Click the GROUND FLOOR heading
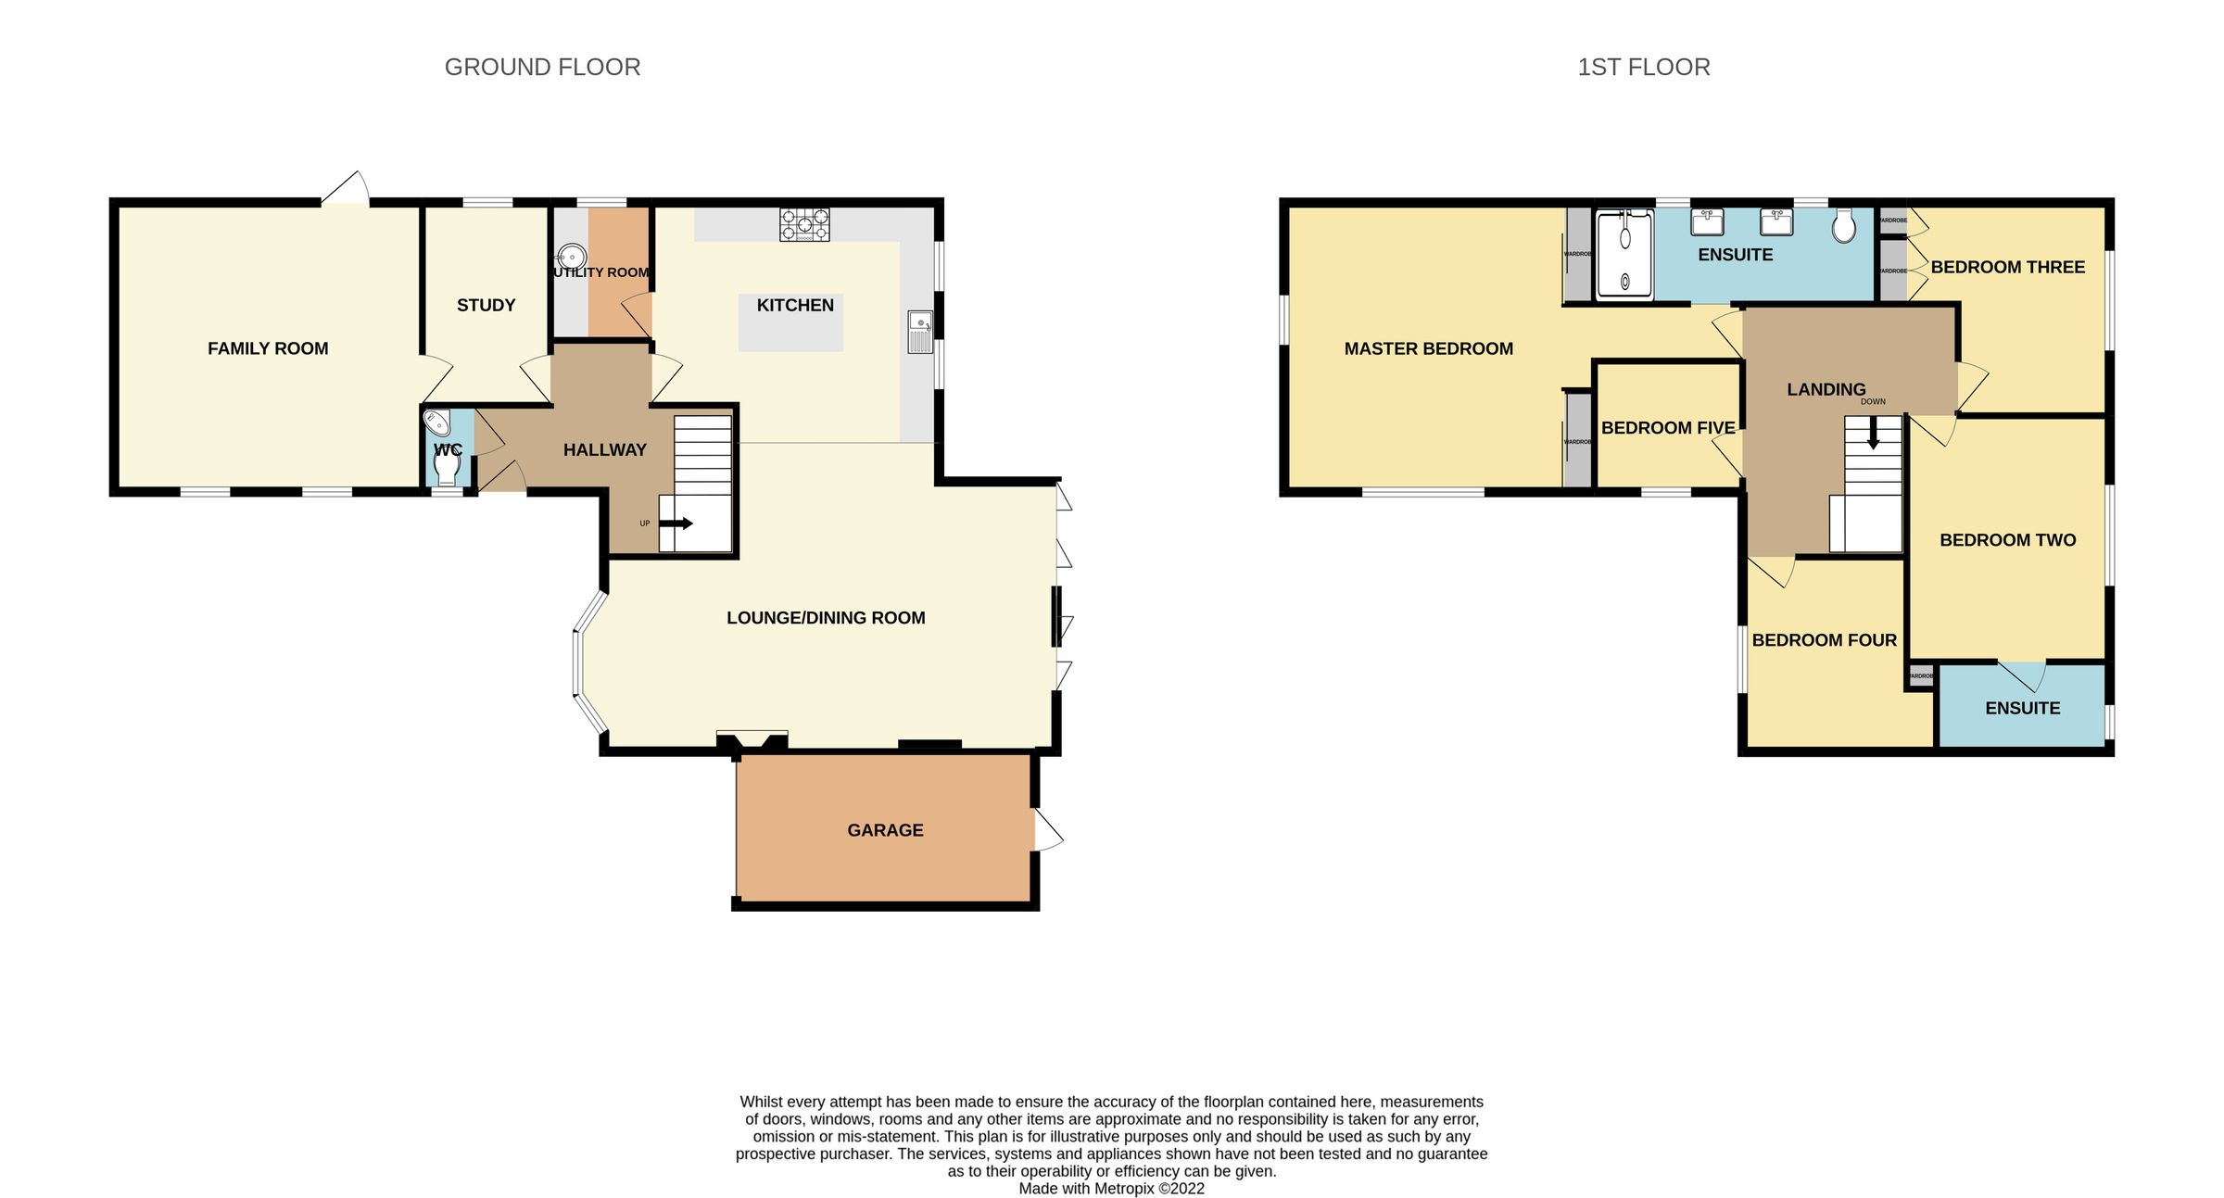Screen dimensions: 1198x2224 point(542,68)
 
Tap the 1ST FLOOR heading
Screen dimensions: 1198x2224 point(1643,68)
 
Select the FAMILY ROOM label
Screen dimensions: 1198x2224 point(268,349)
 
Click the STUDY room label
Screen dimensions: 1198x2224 point(486,306)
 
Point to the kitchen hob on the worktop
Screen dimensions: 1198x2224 point(804,225)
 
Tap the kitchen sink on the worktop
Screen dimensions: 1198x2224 point(920,332)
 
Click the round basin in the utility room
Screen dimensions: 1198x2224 point(572,256)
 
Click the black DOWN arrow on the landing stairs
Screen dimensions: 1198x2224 point(1873,434)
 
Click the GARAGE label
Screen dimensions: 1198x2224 point(885,831)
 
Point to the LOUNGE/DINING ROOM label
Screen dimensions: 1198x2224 point(826,618)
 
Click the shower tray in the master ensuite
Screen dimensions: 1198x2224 point(1624,255)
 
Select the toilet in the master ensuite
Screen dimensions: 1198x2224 point(1844,225)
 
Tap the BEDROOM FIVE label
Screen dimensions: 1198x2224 point(1668,428)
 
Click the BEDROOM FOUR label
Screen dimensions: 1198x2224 point(1824,640)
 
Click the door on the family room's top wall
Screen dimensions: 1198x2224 point(346,188)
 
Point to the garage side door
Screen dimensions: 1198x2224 point(1047,830)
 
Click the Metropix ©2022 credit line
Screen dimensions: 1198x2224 point(1111,1189)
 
